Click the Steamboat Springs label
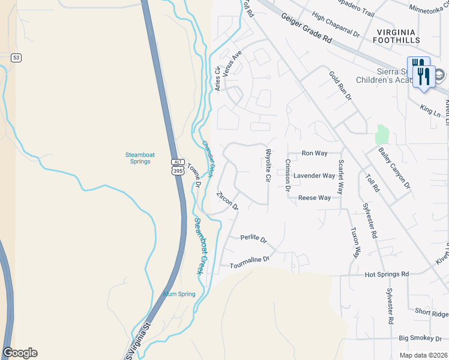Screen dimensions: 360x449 pos(140,158)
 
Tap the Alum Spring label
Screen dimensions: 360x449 pos(179,294)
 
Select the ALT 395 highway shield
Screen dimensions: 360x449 pos(178,167)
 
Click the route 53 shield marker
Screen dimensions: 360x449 pos(16,58)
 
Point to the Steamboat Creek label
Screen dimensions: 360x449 pos(199,246)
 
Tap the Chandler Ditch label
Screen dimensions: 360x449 pos(208,160)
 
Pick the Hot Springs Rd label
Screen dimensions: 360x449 pos(387,274)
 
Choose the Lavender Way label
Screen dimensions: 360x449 pos(314,176)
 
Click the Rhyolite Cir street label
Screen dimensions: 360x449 pos(268,166)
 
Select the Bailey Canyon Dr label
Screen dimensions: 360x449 pos(394,161)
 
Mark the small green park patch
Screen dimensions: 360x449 pos(382,134)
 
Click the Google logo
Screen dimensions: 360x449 pos(20,353)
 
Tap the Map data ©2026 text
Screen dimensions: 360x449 pos(424,355)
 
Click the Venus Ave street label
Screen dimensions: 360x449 pos(232,64)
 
